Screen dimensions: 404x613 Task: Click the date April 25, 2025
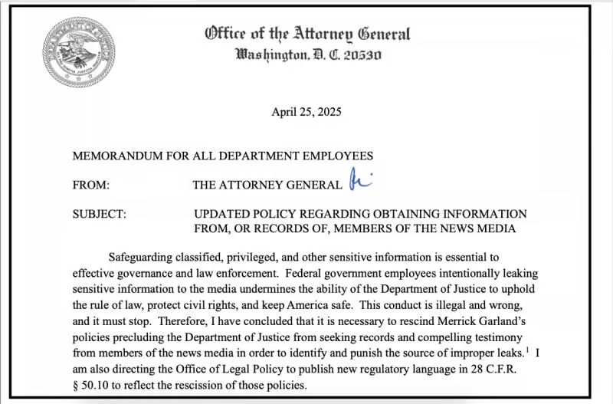point(306,112)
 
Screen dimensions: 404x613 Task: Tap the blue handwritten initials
point(359,182)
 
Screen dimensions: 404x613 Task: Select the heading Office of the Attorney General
point(307,34)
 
